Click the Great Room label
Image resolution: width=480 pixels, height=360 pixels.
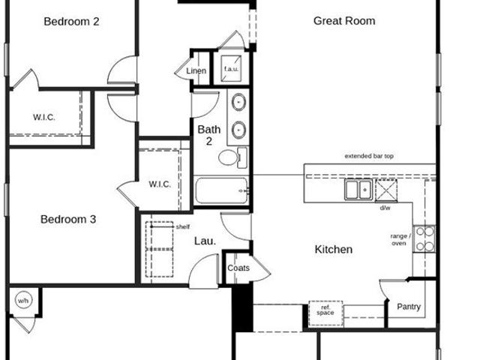pyautogui.click(x=344, y=21)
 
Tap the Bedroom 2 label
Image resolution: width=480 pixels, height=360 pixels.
pyautogui.click(x=71, y=22)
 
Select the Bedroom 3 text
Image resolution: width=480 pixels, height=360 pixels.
pyautogui.click(x=68, y=219)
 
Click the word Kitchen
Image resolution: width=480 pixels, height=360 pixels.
pyautogui.click(x=333, y=249)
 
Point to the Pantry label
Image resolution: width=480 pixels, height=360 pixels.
pyautogui.click(x=409, y=307)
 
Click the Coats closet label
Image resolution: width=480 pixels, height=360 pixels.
pyautogui.click(x=238, y=268)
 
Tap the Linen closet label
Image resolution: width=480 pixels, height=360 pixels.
pyautogui.click(x=196, y=70)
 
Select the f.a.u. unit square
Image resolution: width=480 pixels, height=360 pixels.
pyautogui.click(x=231, y=68)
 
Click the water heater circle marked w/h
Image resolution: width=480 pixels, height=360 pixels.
pyautogui.click(x=23, y=301)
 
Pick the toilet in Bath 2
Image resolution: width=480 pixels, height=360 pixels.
pyautogui.click(x=233, y=157)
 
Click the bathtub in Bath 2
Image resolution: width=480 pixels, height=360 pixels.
pyautogui.click(x=221, y=190)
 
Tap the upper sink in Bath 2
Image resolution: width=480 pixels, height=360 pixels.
pyautogui.click(x=238, y=102)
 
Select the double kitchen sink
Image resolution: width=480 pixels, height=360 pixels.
pyautogui.click(x=358, y=190)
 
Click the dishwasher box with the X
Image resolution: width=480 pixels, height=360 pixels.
pyautogui.click(x=386, y=190)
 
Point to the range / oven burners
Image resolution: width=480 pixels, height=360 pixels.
pyautogui.click(x=424, y=238)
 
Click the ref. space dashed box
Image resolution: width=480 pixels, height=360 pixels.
pyautogui.click(x=325, y=313)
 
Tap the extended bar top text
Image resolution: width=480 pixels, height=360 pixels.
pyautogui.click(x=369, y=156)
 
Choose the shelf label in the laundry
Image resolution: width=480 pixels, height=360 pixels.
pyautogui.click(x=182, y=226)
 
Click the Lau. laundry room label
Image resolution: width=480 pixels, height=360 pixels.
pyautogui.click(x=205, y=241)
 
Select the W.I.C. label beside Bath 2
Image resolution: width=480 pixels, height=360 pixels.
pyautogui.click(x=160, y=184)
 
